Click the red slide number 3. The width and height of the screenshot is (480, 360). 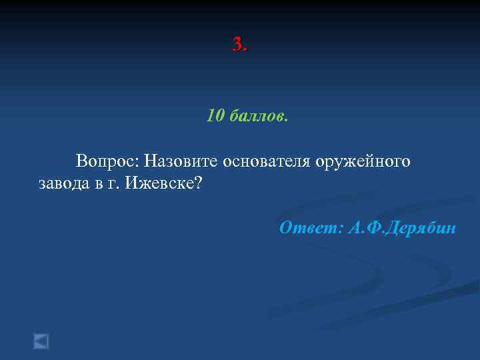pos(237,45)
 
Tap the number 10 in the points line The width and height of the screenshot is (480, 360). pos(215,117)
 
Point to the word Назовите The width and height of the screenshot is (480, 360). pos(182,161)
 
